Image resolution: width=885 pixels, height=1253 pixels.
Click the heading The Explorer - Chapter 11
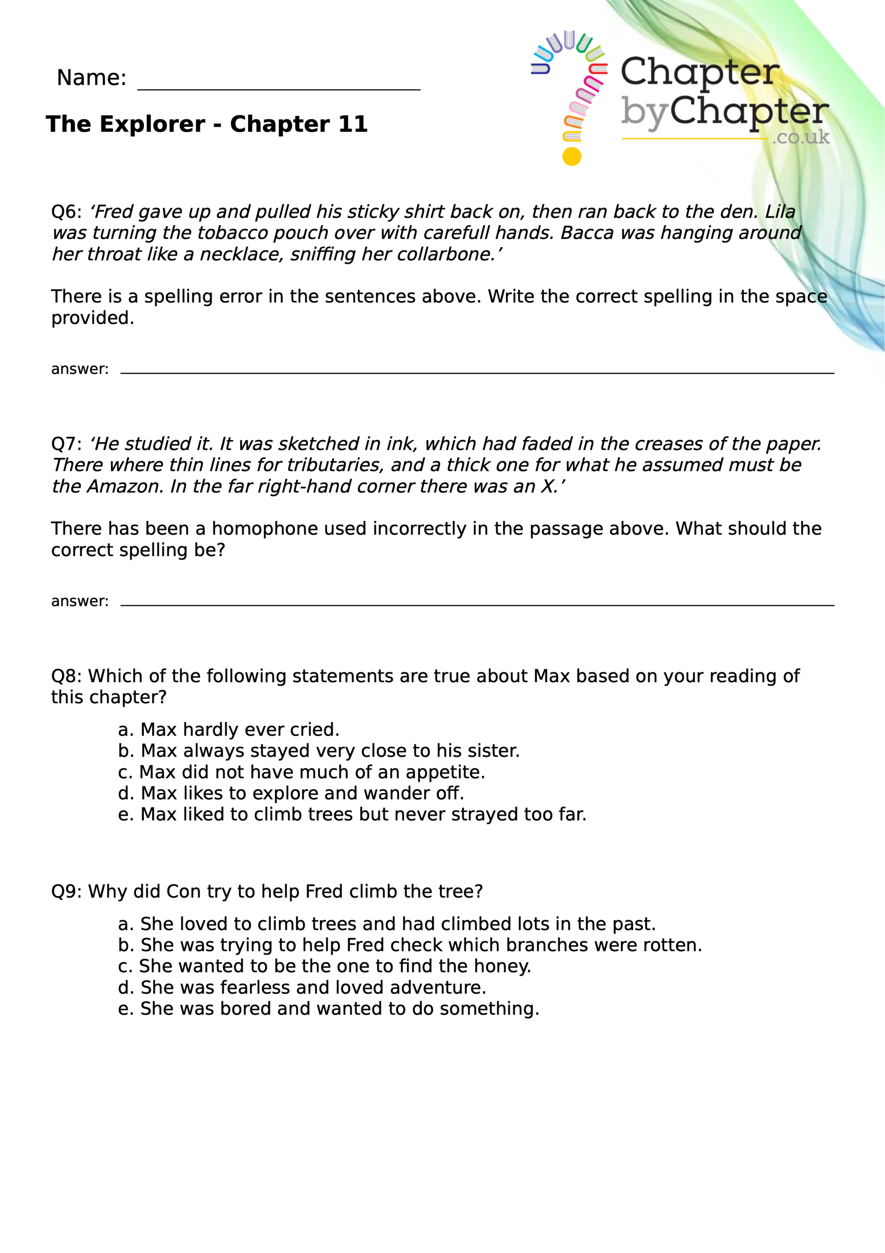coord(207,124)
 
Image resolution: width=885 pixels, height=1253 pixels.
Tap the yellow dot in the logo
coord(571,157)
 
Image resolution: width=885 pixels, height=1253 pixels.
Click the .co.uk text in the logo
coord(800,137)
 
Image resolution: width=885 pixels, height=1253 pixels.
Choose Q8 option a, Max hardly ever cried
coord(229,730)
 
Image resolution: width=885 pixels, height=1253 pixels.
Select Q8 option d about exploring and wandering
coord(291,793)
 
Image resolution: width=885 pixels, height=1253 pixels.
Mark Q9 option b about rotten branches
coord(410,945)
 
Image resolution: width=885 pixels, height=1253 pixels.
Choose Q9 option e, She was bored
coord(328,1008)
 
